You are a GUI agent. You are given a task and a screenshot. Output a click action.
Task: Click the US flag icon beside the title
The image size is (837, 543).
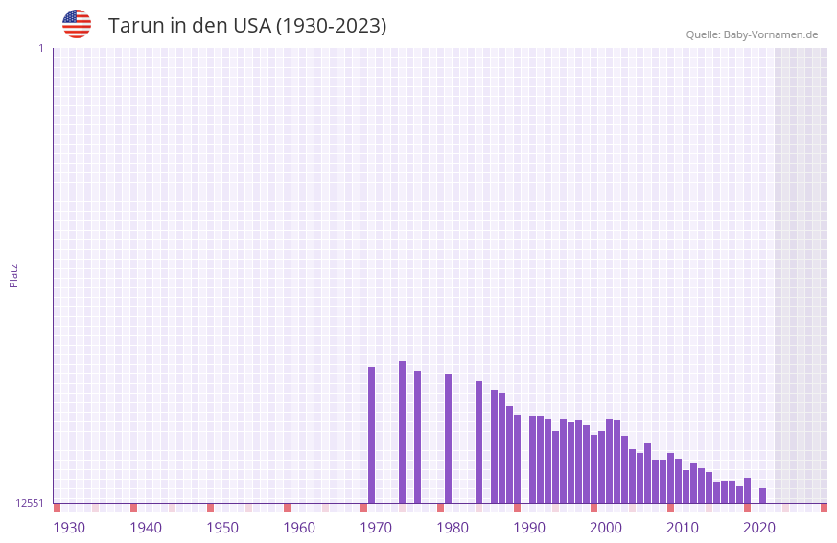(x=77, y=24)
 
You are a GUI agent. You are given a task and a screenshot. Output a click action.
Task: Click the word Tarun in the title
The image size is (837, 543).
(x=135, y=26)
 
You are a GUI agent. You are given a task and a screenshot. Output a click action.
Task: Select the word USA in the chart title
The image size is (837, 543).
(x=251, y=26)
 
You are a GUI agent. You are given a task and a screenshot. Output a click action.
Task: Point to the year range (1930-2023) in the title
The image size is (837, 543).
(x=332, y=26)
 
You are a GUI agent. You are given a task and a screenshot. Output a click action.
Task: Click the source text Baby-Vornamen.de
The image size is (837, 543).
(x=770, y=34)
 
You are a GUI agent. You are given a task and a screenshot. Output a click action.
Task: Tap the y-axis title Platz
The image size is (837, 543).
(x=13, y=275)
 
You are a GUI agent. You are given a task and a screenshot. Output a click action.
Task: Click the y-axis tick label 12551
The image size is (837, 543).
(x=30, y=503)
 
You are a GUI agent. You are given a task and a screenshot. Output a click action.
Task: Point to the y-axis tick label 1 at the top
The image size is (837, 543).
(x=40, y=48)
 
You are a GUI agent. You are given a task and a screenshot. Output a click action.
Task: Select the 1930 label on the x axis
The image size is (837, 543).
(x=69, y=528)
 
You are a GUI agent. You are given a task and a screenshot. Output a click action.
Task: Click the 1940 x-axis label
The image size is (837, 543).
(x=146, y=528)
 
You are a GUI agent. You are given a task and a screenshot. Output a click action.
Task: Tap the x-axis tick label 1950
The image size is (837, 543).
(x=222, y=528)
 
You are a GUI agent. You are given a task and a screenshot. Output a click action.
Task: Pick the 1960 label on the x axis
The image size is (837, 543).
(x=299, y=528)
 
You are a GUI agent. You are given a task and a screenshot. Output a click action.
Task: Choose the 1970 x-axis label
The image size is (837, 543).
(x=376, y=528)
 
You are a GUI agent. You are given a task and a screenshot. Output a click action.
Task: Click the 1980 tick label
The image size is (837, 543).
(x=453, y=528)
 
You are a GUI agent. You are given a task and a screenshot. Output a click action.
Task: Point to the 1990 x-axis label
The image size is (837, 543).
(x=529, y=528)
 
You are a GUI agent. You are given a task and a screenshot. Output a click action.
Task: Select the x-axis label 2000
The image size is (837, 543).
(x=606, y=528)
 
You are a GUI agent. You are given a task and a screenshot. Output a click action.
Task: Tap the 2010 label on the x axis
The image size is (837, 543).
(x=683, y=528)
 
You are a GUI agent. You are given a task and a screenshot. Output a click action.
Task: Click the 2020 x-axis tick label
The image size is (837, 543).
(x=759, y=528)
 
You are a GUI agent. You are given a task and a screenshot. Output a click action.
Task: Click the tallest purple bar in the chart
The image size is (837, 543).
(x=403, y=431)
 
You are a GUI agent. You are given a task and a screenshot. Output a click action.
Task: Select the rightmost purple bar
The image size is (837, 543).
(x=763, y=496)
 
